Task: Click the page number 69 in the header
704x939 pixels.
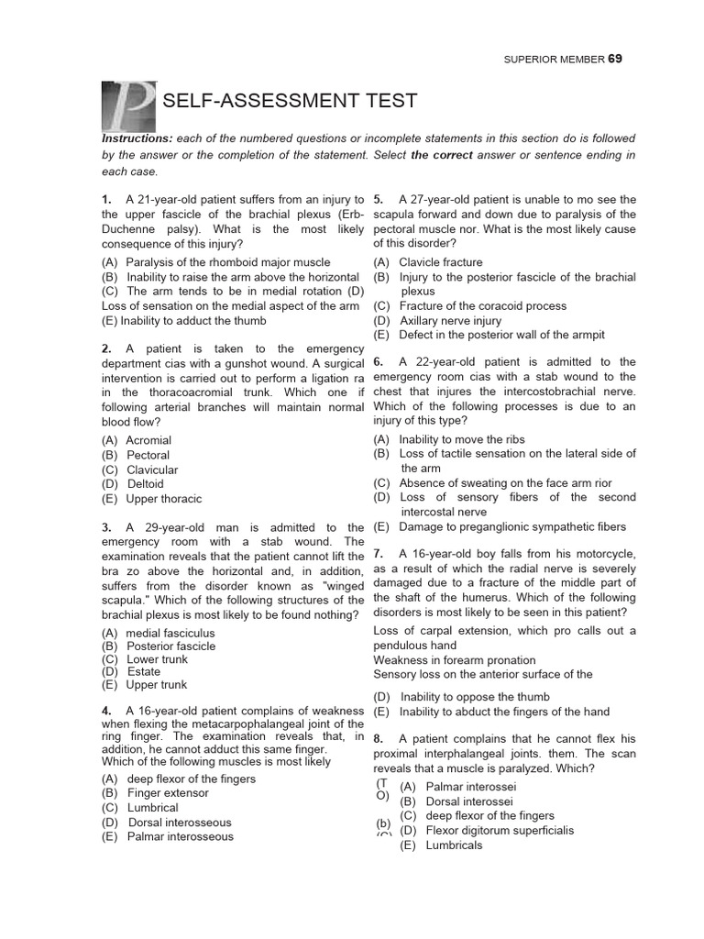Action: point(614,59)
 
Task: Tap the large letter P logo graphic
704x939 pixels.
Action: point(127,105)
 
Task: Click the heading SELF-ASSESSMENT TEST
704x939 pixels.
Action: point(290,101)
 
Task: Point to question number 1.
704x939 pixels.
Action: point(106,200)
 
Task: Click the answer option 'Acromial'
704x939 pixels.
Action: point(148,440)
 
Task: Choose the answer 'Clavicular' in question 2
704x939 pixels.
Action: point(152,469)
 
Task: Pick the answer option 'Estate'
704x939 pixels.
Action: point(144,671)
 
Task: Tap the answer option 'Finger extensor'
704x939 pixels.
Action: point(168,793)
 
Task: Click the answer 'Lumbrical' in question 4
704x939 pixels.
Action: point(153,808)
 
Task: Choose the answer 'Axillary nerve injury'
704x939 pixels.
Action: point(451,321)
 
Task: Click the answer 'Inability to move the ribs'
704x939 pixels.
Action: point(462,439)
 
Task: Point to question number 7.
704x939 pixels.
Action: point(378,554)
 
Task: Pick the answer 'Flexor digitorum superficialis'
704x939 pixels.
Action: point(487,831)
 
